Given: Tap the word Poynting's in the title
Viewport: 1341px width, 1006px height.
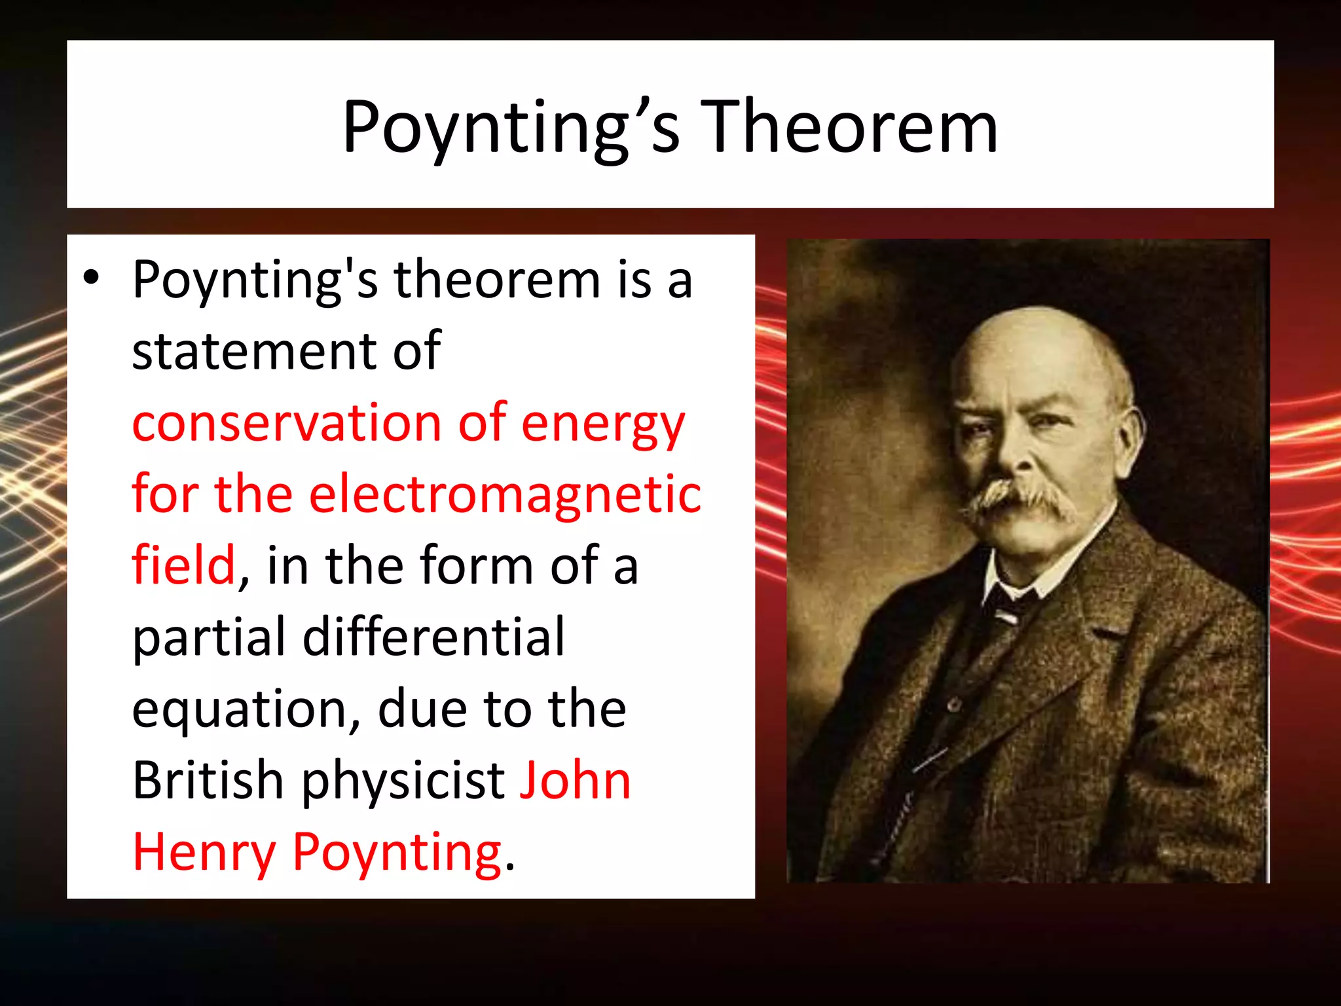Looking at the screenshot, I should pyautogui.click(x=511, y=128).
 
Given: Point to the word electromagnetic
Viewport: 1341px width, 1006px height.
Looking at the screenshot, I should pyautogui.click(x=505, y=494).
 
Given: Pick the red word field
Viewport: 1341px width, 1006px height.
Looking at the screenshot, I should pyautogui.click(x=183, y=565).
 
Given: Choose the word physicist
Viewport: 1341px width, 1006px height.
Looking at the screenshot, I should pyautogui.click(x=403, y=781).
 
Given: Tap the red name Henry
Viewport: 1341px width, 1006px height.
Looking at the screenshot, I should pyautogui.click(x=204, y=853).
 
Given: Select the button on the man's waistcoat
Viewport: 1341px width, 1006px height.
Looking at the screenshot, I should pyautogui.click(x=955, y=705).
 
